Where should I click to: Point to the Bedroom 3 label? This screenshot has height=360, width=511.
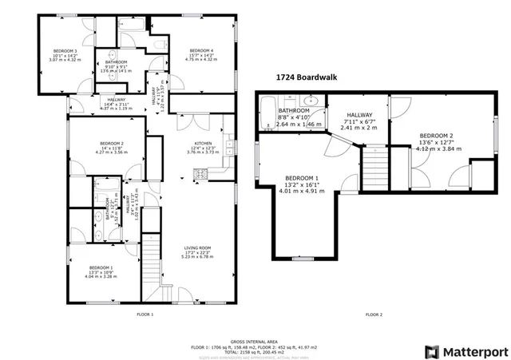tap(65, 51)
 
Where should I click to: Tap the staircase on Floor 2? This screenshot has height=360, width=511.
tap(374, 168)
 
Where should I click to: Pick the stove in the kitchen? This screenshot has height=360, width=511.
tap(214, 173)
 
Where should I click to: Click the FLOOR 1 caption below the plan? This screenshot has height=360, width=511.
tap(145, 315)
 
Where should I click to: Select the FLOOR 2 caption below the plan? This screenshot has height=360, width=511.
tap(374, 315)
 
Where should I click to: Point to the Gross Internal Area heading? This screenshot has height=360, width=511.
tap(254, 339)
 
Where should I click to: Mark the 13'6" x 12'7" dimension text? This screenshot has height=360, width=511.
tap(435, 142)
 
